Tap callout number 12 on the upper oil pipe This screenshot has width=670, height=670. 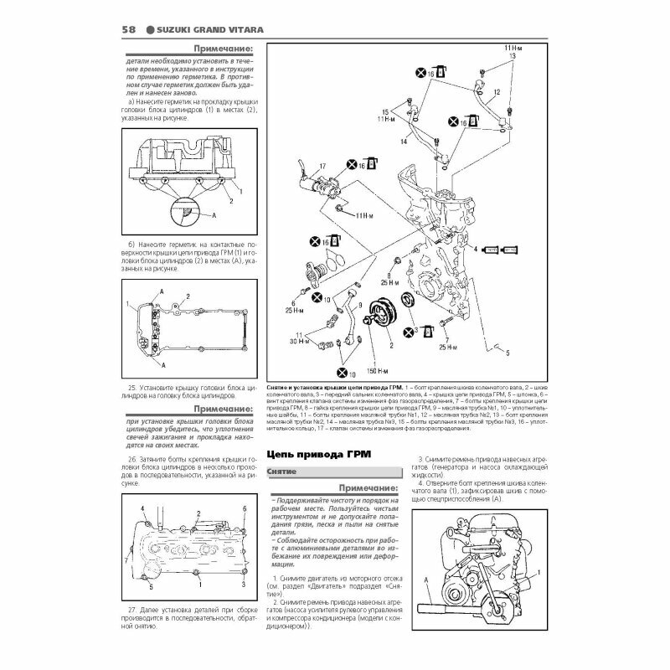(496, 91)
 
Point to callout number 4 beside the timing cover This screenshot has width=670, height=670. (474, 250)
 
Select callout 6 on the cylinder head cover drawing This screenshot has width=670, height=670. (243, 509)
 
